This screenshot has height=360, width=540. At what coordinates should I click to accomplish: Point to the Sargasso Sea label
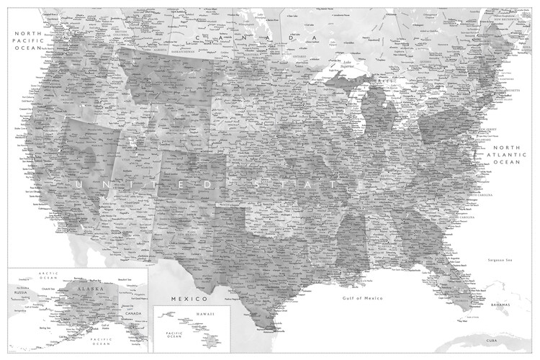point(499,259)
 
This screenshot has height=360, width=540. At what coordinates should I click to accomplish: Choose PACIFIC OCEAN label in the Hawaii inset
point(176,336)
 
